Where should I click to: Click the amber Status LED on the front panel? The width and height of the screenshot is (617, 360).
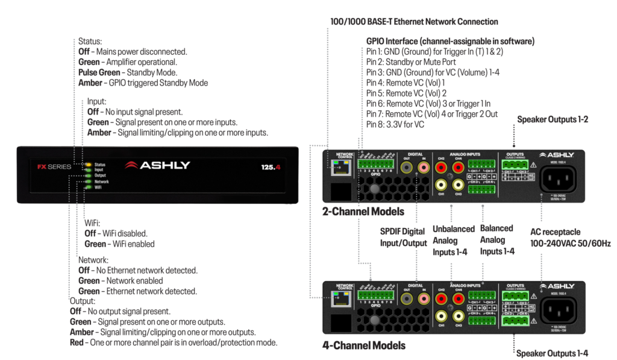point(88,164)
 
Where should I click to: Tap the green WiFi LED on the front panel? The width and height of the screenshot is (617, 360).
point(88,187)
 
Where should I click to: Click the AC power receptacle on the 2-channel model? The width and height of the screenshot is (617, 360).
point(558,178)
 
